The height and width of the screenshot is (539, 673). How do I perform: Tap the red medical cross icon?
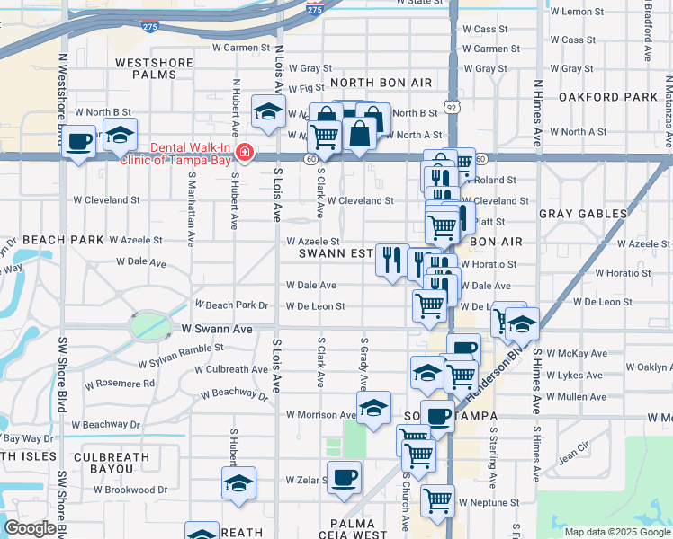[244, 155]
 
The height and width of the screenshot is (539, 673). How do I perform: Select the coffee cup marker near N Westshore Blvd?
[79, 141]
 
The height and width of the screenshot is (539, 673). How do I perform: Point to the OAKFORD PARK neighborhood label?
[608, 97]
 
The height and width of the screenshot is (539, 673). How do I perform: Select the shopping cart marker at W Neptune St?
[437, 499]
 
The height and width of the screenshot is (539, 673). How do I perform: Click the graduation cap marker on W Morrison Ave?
[373, 408]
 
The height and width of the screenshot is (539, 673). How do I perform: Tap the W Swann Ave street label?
[217, 330]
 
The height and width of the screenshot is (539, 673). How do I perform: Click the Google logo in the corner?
[30, 528]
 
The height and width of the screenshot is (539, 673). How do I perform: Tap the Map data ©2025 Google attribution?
[616, 532]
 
